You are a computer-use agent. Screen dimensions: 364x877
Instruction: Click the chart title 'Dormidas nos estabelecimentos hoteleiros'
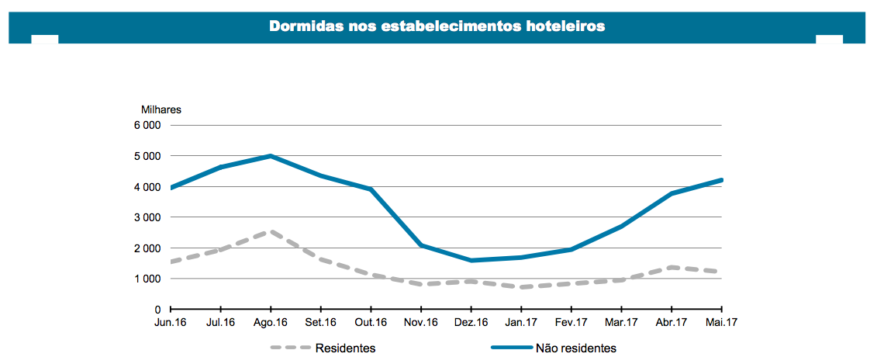[x=437, y=26]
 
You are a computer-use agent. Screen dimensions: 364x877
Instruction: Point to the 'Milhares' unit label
[x=161, y=109]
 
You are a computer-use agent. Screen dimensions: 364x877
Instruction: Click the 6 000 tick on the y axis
[x=147, y=126]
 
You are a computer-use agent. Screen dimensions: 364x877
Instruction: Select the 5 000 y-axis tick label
[x=147, y=156]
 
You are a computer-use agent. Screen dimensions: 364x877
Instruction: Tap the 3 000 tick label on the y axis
[x=147, y=217]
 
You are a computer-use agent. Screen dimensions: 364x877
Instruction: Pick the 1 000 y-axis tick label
[x=147, y=279]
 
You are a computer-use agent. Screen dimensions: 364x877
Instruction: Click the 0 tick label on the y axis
[x=157, y=310]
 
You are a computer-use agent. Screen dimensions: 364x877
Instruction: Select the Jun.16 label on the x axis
[x=170, y=322]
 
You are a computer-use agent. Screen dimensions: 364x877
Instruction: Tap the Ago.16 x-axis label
[x=271, y=322]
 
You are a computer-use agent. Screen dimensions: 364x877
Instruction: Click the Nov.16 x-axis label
[x=421, y=322]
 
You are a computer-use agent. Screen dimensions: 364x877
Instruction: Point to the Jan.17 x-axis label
[x=521, y=322]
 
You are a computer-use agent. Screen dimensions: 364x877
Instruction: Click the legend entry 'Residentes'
[x=346, y=348]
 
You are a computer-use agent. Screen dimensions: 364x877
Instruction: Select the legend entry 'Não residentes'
[x=575, y=348]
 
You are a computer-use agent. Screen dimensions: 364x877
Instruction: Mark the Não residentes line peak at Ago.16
[x=271, y=156]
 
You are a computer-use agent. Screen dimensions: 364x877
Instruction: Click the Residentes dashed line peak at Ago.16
[x=271, y=231]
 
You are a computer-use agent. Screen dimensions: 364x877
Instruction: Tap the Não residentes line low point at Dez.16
[x=471, y=261]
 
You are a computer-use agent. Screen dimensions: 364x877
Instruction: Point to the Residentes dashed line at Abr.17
[x=672, y=268]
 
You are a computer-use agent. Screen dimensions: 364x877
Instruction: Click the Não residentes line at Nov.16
[x=421, y=245]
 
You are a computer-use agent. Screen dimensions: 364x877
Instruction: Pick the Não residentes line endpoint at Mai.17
[x=721, y=180]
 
